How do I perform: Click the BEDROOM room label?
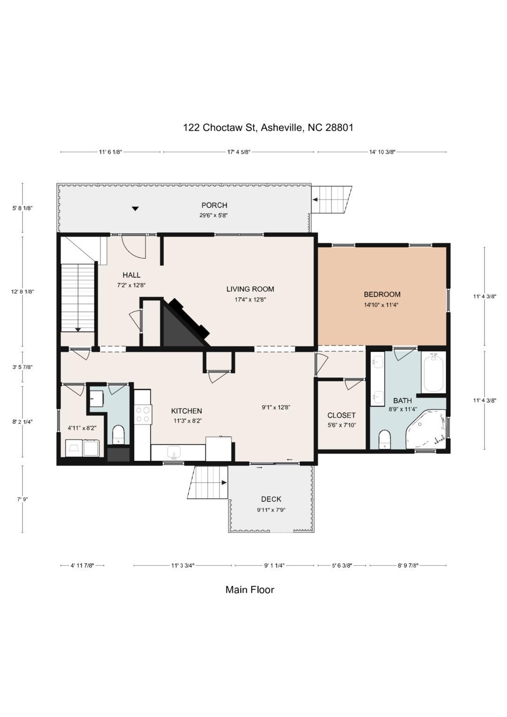pyautogui.click(x=382, y=294)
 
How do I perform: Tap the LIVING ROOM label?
pyautogui.click(x=250, y=289)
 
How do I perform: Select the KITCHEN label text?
pyautogui.click(x=186, y=411)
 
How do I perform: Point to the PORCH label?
pyautogui.click(x=214, y=205)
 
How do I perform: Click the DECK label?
pyautogui.click(x=271, y=499)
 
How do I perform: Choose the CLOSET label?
pyautogui.click(x=341, y=416)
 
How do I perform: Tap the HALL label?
pyautogui.click(x=131, y=275)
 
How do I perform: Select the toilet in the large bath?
pyautogui.click(x=384, y=439)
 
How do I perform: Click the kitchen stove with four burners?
pyautogui.click(x=143, y=414)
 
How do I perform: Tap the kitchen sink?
pyautogui.click(x=175, y=453)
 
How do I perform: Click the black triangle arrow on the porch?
pyautogui.click(x=135, y=208)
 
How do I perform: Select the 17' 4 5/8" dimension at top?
pyautogui.click(x=238, y=152)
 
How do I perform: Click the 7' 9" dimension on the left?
pyautogui.click(x=23, y=499)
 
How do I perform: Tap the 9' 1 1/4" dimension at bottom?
pyautogui.click(x=274, y=566)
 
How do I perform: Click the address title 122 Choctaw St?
pyautogui.click(x=268, y=128)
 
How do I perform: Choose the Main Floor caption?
pyautogui.click(x=250, y=590)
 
